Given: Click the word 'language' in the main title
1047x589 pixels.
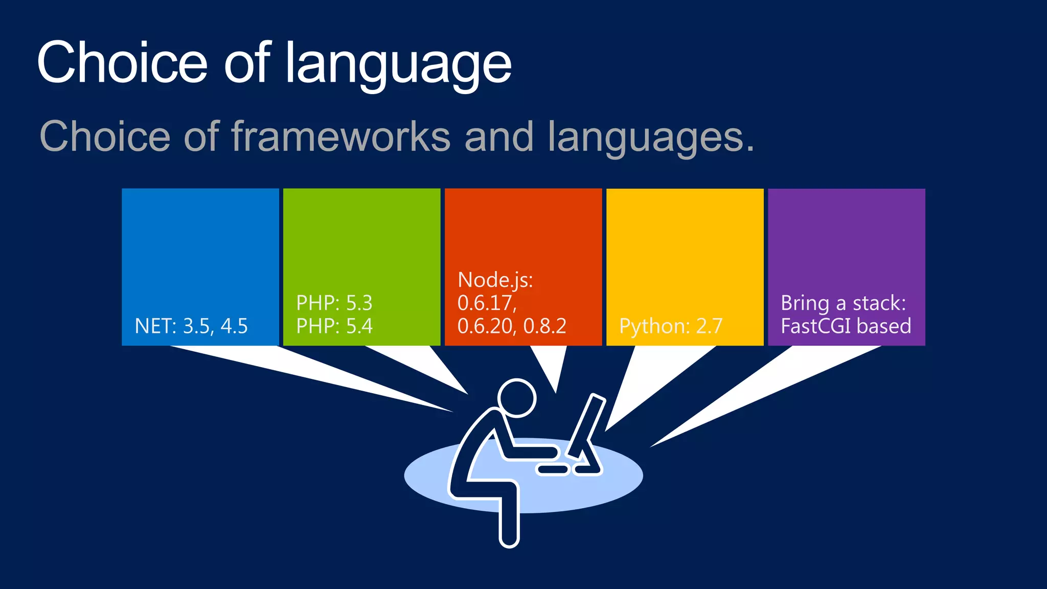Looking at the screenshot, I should [x=398, y=63].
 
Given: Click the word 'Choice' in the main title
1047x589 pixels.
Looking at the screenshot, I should [x=122, y=62].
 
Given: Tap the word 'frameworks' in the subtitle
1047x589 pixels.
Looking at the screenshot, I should [x=341, y=137].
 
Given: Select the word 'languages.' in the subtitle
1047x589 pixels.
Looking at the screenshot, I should [x=651, y=137].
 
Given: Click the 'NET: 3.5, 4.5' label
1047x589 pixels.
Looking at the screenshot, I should [x=191, y=326].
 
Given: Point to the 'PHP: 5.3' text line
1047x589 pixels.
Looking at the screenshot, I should [x=334, y=303].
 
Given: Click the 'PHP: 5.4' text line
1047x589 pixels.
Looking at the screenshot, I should [x=334, y=326].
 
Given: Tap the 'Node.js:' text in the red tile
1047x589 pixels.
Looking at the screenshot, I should [x=495, y=280].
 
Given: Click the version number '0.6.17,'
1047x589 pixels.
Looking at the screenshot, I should [x=487, y=303].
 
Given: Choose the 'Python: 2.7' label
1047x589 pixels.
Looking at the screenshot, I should [x=671, y=326].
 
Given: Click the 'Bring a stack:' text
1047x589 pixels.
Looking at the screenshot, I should [x=843, y=303].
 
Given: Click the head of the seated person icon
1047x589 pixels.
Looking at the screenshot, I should [x=517, y=398].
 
